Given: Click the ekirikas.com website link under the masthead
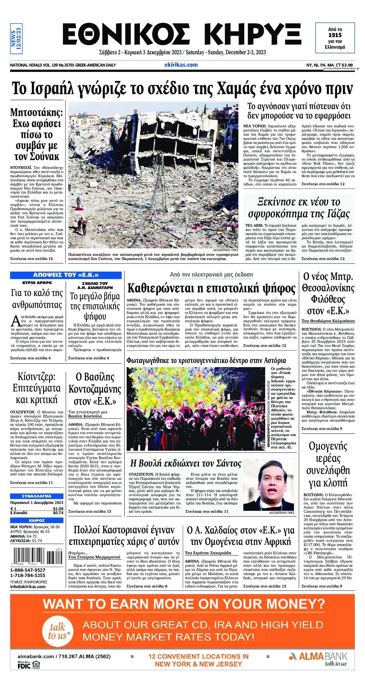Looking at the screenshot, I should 181,65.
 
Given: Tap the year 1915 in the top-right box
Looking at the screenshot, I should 335,35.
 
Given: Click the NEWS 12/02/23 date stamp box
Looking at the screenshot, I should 16,38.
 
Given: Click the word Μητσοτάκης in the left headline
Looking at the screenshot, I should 36,112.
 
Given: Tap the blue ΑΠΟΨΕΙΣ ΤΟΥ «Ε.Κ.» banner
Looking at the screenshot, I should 66,275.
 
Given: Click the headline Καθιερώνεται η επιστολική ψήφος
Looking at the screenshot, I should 211,288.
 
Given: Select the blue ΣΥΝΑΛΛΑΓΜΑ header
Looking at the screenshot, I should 37,496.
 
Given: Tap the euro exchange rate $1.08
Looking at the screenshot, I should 58,509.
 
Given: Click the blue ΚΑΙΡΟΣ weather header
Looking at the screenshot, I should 37,521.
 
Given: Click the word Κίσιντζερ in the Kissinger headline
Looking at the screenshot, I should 36,377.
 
